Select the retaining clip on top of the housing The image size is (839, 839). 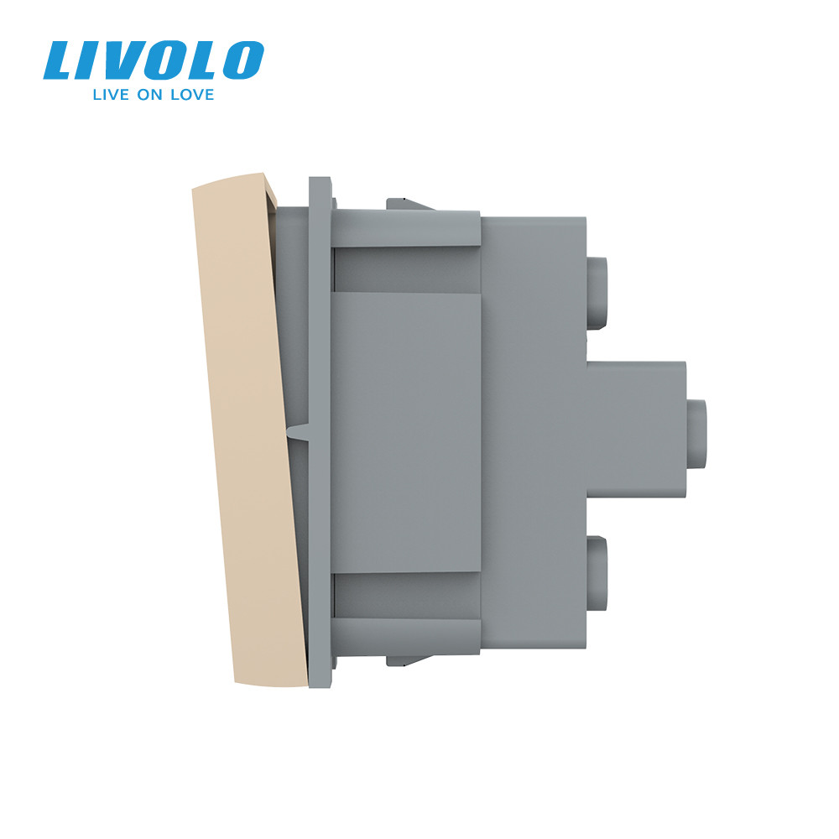[x=407, y=204]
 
